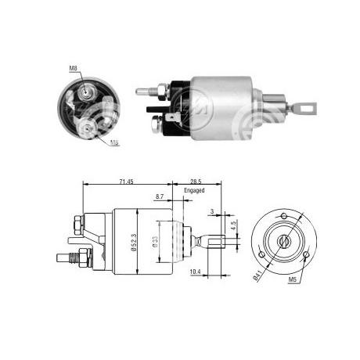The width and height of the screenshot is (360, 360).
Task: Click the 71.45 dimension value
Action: (126, 182)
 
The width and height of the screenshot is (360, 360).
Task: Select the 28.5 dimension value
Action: (196, 182)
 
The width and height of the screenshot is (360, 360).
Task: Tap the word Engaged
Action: (194, 190)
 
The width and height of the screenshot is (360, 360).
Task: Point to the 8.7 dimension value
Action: (160, 196)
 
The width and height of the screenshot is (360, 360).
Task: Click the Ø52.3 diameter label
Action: (134, 242)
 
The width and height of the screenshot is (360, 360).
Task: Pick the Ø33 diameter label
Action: (156, 242)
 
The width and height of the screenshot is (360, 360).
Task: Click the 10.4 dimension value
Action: (195, 272)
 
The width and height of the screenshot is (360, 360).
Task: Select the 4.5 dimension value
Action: (233, 225)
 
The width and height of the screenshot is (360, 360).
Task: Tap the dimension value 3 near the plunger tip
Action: (212, 211)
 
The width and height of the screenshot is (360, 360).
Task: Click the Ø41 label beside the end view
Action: (257, 275)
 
